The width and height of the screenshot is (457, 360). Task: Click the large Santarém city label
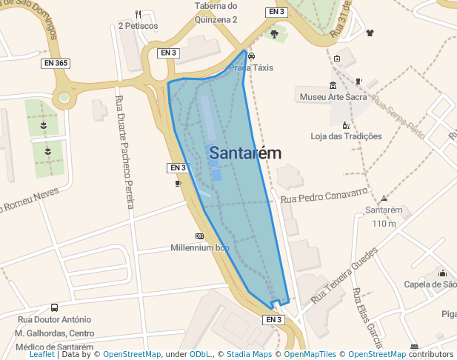tap(245, 153)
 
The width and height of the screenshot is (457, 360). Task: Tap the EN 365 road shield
tap(56, 64)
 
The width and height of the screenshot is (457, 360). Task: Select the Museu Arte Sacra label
tap(333, 97)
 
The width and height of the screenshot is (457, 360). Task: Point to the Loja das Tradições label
tap(346, 136)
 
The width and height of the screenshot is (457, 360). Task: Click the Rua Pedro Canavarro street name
tap(324, 196)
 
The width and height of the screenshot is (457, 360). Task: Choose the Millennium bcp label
tap(200, 247)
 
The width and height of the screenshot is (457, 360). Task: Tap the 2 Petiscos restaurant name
tap(138, 26)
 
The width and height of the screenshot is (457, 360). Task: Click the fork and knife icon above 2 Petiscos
tap(138, 15)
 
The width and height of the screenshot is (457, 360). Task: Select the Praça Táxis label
tap(251, 67)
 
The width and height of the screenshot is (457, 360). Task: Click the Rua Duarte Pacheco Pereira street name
tap(124, 152)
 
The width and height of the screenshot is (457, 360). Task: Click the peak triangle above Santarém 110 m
tap(384, 199)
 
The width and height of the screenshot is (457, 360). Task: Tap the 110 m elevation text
tap(384, 223)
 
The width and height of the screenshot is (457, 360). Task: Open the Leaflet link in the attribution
tap(42, 355)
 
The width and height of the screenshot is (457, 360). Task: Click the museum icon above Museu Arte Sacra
tap(333, 85)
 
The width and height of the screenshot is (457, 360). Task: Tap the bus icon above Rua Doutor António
tap(54, 308)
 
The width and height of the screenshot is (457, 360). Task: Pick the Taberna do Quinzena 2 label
tap(216, 13)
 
